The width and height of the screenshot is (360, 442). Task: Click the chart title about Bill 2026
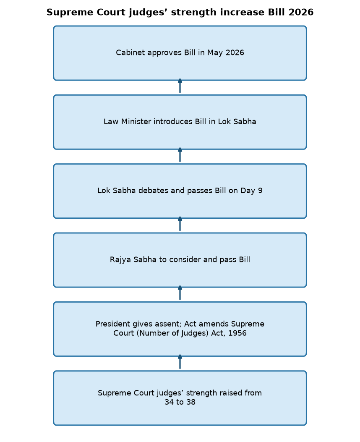180,13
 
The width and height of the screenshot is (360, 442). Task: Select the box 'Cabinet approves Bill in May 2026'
180,53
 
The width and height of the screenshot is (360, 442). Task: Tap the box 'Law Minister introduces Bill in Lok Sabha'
180,122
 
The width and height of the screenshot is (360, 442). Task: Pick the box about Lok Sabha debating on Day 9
180,191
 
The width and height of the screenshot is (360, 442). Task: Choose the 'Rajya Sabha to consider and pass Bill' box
180,260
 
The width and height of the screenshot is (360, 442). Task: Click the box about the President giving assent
180,329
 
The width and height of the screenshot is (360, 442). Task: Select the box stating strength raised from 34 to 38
180,398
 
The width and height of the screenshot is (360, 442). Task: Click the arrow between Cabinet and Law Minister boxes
180,86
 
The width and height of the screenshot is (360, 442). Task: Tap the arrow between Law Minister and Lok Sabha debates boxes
180,155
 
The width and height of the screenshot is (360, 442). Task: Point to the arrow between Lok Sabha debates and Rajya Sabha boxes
180,224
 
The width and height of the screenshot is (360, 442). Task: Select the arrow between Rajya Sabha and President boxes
180,293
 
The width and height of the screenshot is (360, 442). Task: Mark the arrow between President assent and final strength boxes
180,362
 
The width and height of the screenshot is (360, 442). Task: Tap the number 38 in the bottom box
191,402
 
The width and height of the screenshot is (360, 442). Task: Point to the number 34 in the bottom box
169,402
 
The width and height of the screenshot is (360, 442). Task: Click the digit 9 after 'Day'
260,191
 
